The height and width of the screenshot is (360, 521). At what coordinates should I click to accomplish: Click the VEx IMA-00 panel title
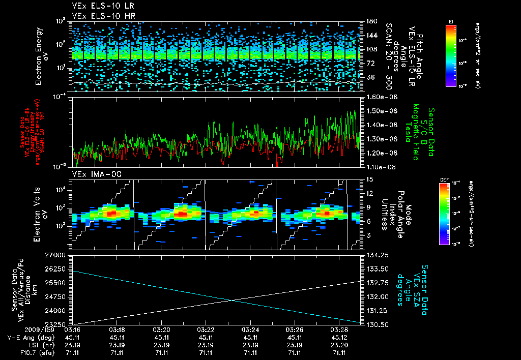point(92,174)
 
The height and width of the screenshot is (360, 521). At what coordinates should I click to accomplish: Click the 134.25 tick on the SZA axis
point(377,254)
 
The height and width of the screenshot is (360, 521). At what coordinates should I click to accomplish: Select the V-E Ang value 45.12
point(338,338)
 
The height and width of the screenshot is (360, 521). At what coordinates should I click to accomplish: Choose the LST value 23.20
point(338,345)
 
